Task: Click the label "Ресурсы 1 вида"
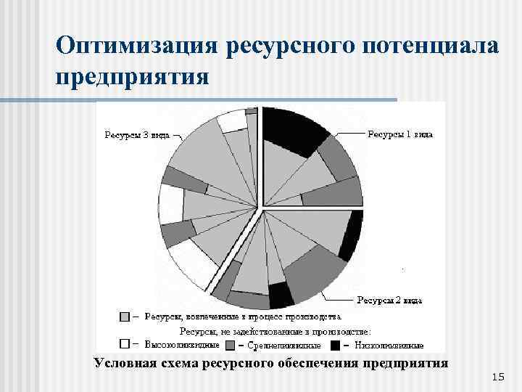pos(399,134)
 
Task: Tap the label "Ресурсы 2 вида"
pos(389,299)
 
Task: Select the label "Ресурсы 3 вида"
pos(137,134)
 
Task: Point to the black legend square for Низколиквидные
pos(336,344)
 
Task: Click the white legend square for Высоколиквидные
pos(125,344)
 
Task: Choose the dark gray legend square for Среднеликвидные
pos(231,344)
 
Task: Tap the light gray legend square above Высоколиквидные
pos(125,317)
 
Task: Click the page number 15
pos(497,377)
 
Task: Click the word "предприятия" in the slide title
pos(132,75)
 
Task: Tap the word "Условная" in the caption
pos(123,362)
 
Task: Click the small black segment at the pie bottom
pos(279,294)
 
